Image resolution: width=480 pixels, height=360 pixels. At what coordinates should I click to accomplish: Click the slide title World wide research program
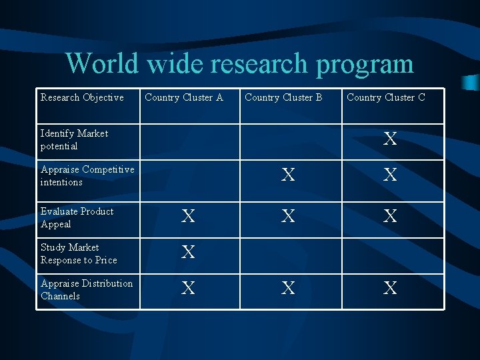click(x=239, y=64)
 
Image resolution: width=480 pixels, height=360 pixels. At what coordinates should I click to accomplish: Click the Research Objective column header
click(x=82, y=97)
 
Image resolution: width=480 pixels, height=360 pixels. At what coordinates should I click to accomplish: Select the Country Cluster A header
click(x=184, y=97)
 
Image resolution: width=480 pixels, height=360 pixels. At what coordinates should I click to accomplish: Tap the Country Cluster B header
click(x=283, y=97)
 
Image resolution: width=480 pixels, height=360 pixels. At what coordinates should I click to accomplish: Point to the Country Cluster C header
click(x=386, y=97)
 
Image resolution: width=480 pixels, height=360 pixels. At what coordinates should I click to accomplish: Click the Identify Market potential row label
click(x=74, y=139)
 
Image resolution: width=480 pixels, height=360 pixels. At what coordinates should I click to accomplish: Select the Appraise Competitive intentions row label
click(x=87, y=175)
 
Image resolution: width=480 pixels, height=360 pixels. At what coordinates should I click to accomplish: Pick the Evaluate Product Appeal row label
click(x=77, y=217)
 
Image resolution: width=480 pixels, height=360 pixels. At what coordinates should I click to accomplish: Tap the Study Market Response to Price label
click(x=78, y=253)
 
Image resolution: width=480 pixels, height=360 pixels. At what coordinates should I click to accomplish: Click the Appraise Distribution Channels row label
click(x=86, y=289)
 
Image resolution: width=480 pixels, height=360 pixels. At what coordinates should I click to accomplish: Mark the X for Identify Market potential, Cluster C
click(x=390, y=139)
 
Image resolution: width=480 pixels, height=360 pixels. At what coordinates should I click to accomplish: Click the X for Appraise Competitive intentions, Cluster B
click(x=288, y=175)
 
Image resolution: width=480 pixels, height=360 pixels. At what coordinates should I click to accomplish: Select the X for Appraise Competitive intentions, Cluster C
click(x=390, y=175)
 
